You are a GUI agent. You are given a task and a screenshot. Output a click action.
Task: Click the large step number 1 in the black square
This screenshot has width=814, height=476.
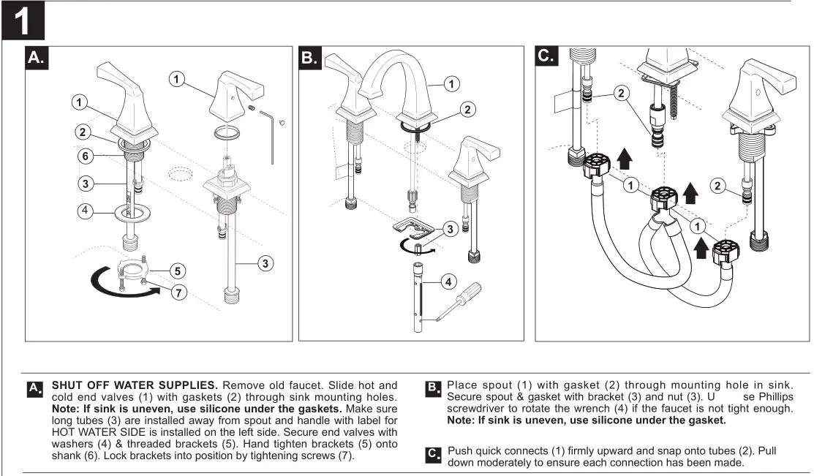pyautogui.click(x=23, y=20)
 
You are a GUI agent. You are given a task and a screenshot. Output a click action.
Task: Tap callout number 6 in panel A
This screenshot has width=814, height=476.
pyautogui.click(x=85, y=155)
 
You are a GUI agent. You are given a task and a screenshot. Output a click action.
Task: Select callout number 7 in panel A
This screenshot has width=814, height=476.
pyautogui.click(x=178, y=293)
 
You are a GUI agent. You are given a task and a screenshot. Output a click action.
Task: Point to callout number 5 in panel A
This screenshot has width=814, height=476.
pyautogui.click(x=178, y=271)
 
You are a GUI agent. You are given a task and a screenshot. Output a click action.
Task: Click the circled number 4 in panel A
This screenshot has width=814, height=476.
pyautogui.click(x=85, y=211)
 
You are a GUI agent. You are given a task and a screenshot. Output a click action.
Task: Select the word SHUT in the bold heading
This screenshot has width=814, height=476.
pyautogui.click(x=68, y=385)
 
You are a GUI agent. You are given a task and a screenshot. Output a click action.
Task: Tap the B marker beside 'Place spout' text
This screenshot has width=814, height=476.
pyautogui.click(x=433, y=387)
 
